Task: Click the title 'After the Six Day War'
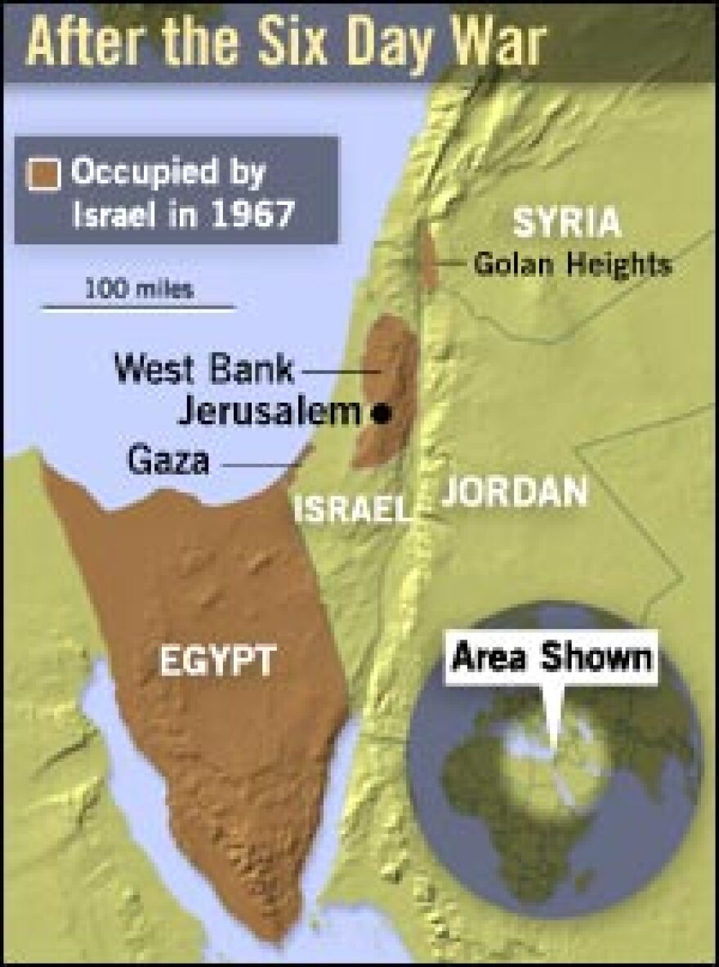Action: pos(284,42)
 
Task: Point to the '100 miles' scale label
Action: pos(139,288)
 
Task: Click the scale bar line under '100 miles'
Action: pos(139,308)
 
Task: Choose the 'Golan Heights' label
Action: pos(573,264)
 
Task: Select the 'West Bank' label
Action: pos(203,369)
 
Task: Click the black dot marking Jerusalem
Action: pos(380,414)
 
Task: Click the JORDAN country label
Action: pos(514,493)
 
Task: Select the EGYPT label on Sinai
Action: pos(217,661)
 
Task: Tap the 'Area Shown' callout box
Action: pos(553,657)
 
